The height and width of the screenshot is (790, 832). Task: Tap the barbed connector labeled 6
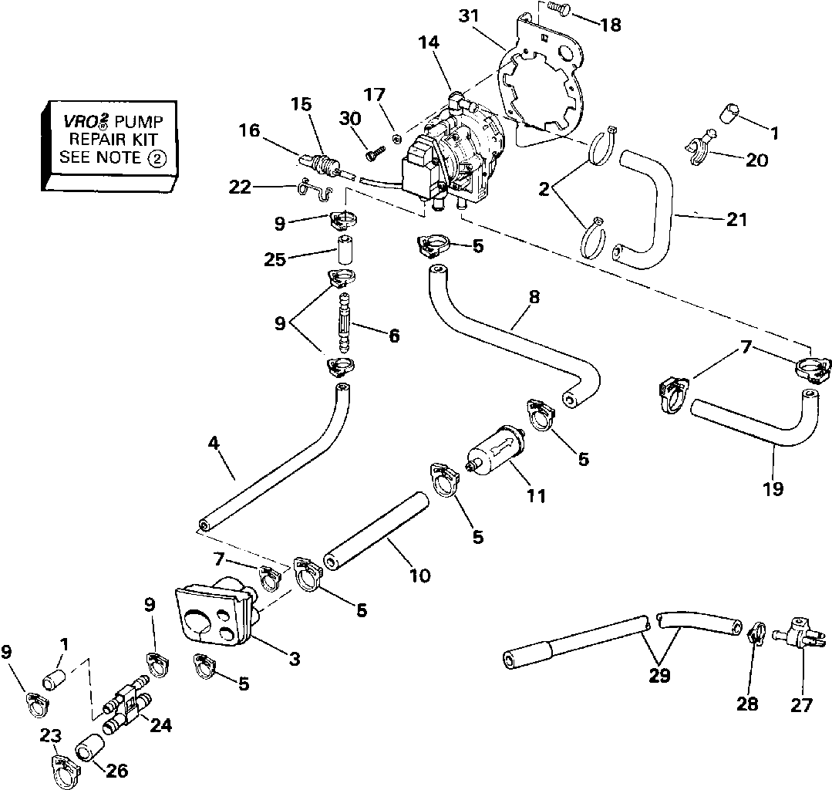click(343, 322)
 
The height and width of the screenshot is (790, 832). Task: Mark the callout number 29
click(660, 677)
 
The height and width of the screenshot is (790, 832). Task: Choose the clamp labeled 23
click(62, 767)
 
